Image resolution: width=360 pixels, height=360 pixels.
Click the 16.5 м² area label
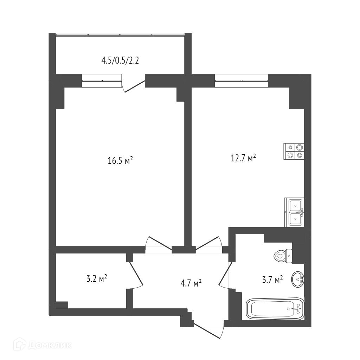point(120,160)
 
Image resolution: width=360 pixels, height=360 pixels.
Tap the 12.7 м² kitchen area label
point(243,158)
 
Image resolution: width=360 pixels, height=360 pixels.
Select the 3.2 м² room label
point(97,279)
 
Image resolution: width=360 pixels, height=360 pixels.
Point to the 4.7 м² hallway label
point(191,283)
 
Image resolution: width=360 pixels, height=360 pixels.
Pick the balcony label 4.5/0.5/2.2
point(120,61)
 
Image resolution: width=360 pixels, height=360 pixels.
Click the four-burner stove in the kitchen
point(294,151)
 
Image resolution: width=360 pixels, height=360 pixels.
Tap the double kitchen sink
point(295,212)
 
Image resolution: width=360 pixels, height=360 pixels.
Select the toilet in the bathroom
point(283,256)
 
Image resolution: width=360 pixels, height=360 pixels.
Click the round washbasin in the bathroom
point(298,279)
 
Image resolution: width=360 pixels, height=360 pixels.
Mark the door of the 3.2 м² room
point(136,275)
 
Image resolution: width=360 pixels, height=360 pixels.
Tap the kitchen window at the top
point(241,81)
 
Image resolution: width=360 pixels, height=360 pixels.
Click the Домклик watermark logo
point(43,345)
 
